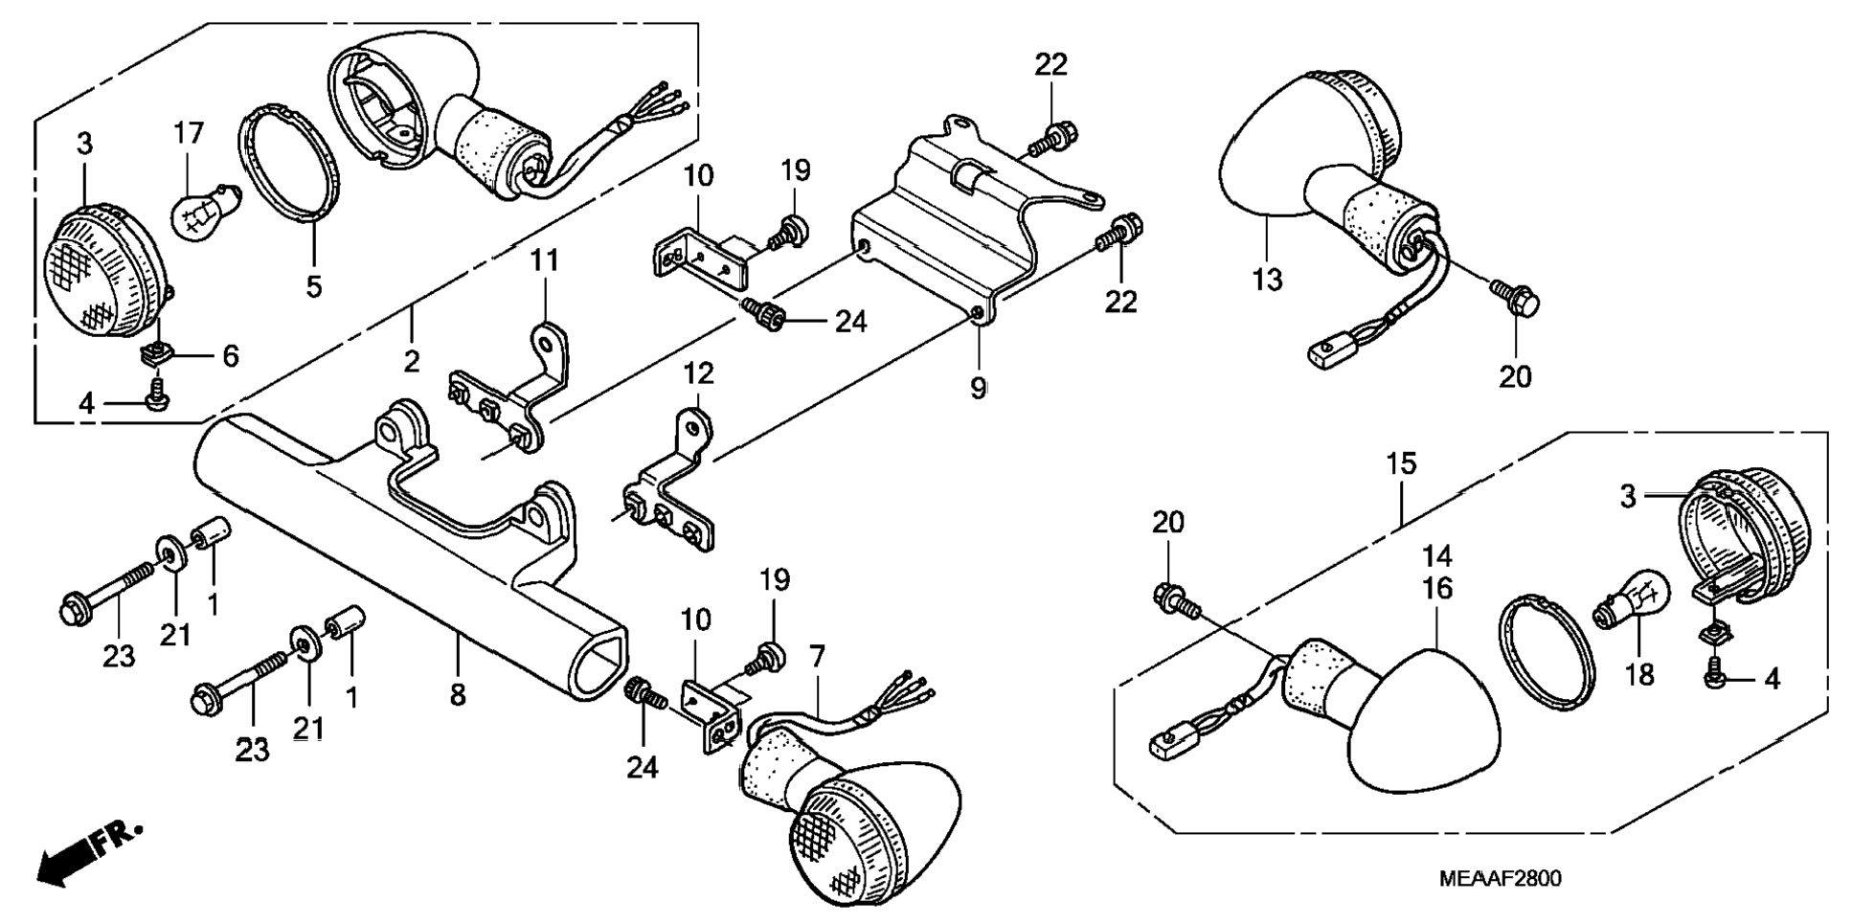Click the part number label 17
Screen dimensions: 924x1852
point(189,133)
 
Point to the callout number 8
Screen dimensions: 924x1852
point(458,694)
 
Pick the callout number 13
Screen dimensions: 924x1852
point(1267,280)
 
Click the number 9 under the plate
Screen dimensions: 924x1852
point(978,388)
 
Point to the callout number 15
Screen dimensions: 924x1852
point(1402,464)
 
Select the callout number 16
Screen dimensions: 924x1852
point(1437,588)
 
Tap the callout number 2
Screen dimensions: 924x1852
point(412,361)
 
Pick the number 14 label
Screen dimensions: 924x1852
point(1437,555)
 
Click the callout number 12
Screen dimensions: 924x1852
point(698,372)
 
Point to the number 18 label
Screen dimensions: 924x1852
point(1639,675)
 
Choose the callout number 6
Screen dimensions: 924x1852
point(230,356)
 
